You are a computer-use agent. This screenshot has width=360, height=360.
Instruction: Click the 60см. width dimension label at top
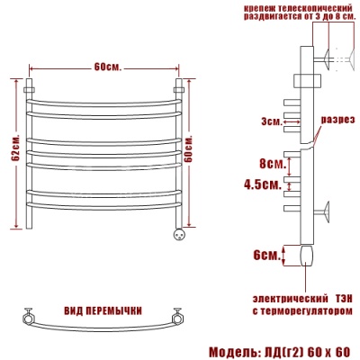[108, 67]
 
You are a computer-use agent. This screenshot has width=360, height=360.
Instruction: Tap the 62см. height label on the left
[16, 148]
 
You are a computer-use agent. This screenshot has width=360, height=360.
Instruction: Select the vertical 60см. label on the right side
[188, 149]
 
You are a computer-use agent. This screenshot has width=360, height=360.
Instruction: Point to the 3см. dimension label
[272, 121]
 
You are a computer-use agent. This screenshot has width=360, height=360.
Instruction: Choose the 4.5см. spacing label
[263, 184]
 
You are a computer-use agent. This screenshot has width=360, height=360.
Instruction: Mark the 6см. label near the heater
[266, 256]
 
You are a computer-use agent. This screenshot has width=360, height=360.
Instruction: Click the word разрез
[337, 120]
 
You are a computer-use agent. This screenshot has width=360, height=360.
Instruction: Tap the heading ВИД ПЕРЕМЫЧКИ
[103, 311]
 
